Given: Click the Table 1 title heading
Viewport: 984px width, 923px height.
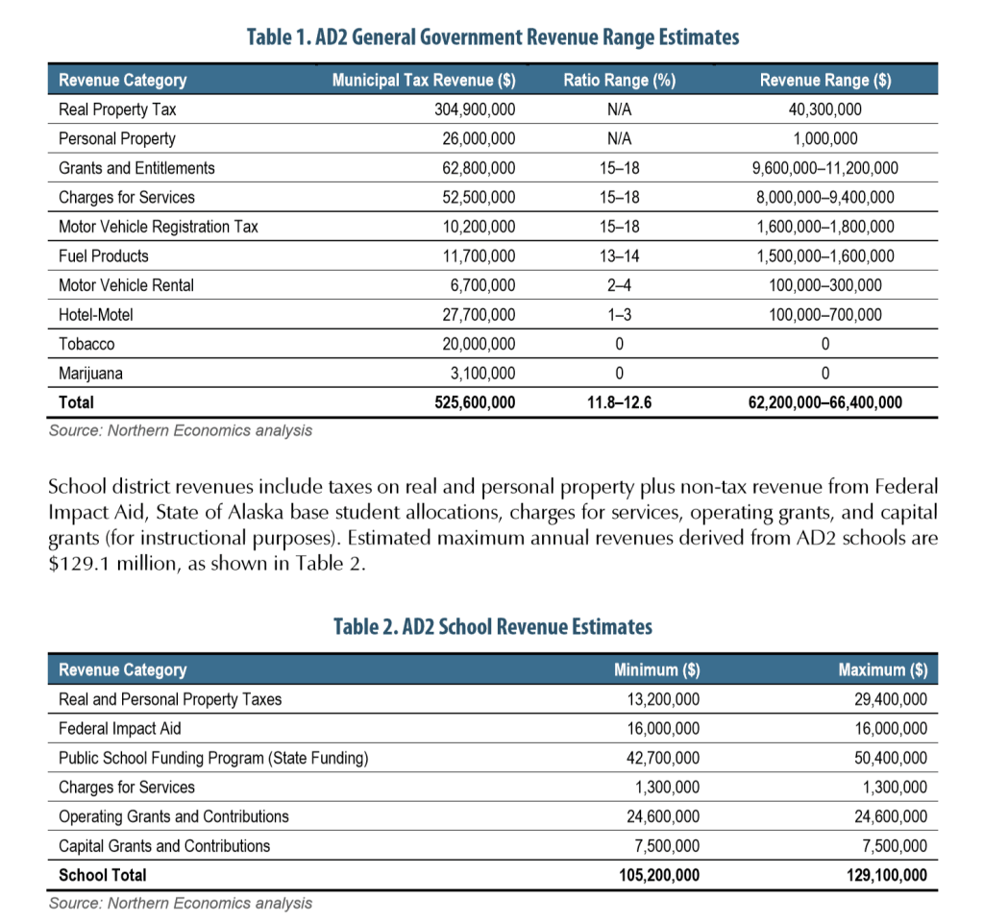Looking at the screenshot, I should [x=492, y=37].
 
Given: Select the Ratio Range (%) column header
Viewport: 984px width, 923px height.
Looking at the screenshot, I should [x=619, y=81].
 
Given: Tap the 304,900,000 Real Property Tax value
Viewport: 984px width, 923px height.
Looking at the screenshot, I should [x=475, y=109].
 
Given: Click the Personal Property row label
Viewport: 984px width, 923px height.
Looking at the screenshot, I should [x=117, y=138].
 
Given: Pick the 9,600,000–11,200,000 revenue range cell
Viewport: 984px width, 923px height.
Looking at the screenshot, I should [x=824, y=168].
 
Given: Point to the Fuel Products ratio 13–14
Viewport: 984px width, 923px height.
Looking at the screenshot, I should [x=619, y=255].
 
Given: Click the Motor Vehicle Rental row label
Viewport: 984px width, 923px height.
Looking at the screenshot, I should [x=126, y=285].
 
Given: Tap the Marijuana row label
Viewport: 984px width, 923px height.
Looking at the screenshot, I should [x=90, y=373].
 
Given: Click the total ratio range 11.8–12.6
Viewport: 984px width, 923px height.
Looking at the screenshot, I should [x=619, y=402].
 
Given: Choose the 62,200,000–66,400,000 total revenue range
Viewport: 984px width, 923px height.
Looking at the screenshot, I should [x=824, y=402].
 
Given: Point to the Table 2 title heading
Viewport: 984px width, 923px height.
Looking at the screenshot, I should [x=492, y=627].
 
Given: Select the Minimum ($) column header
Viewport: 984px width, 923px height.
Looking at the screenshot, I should [x=656, y=669].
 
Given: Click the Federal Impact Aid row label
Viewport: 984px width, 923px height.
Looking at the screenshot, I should [x=119, y=729].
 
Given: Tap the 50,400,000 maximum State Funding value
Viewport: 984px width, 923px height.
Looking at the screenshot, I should [x=890, y=758].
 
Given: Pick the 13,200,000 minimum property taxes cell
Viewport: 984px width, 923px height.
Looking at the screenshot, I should [x=661, y=699].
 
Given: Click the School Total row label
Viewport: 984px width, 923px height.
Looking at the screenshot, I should [x=103, y=875].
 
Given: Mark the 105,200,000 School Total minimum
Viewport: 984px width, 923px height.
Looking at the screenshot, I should [x=656, y=875].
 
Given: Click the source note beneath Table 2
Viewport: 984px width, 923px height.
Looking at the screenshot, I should [x=181, y=903].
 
